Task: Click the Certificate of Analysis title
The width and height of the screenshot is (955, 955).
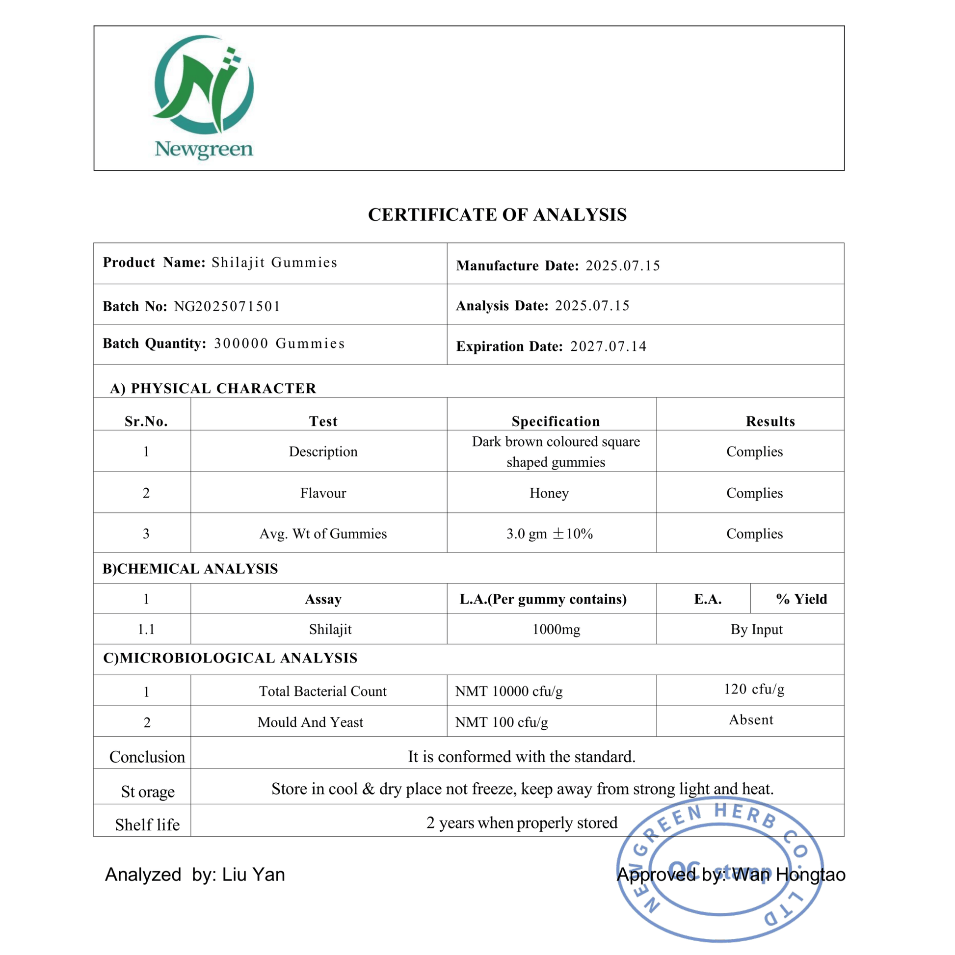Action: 497,215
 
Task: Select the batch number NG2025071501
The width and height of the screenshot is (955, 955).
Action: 227,306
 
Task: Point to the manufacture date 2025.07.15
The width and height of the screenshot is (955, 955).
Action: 623,266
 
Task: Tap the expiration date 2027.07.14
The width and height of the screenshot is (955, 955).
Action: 608,346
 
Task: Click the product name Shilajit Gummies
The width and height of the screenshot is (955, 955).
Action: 274,263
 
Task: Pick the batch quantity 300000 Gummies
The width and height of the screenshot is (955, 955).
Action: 279,344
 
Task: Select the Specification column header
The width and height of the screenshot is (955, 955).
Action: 556,421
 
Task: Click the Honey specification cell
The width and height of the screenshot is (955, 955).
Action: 549,493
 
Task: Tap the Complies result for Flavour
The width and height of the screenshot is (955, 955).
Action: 754,493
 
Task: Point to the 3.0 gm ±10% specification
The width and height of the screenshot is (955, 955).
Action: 549,534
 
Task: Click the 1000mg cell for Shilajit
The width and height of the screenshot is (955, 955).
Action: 556,629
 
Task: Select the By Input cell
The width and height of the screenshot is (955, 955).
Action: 756,629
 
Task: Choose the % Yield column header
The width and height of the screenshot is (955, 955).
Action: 801,599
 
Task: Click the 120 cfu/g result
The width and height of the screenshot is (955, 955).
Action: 754,689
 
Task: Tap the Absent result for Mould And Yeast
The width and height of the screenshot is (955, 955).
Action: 751,720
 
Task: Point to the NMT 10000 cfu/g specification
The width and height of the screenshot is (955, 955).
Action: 508,691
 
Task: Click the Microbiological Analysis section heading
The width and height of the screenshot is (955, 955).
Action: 230,658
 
